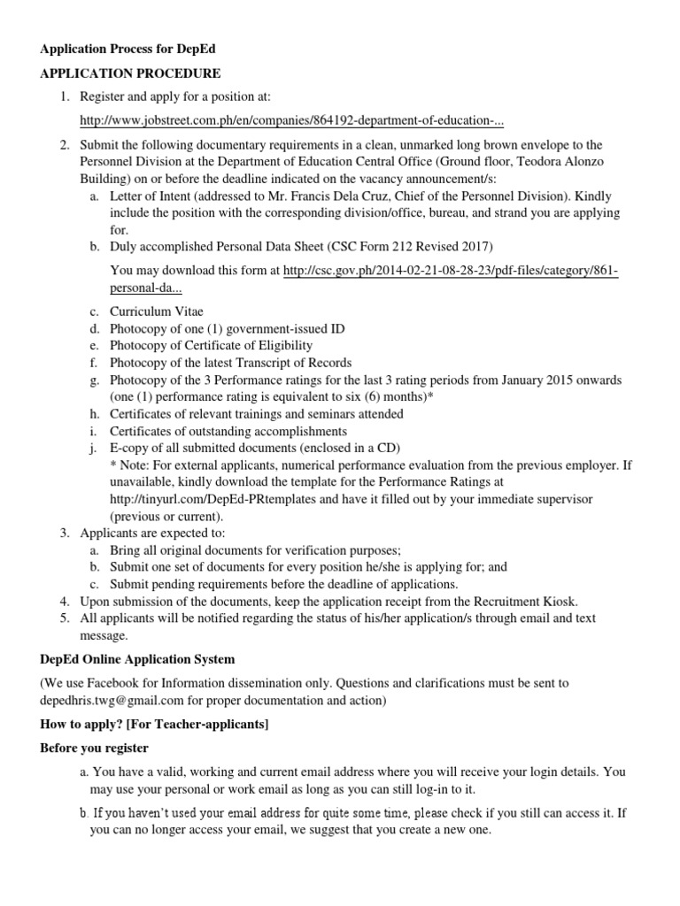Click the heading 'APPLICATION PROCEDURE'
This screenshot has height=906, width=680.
[x=130, y=73]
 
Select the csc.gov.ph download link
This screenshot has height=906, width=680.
[x=451, y=271]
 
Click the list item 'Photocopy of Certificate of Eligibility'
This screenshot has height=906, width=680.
[x=211, y=345]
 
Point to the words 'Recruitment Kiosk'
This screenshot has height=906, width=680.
[x=521, y=602]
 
